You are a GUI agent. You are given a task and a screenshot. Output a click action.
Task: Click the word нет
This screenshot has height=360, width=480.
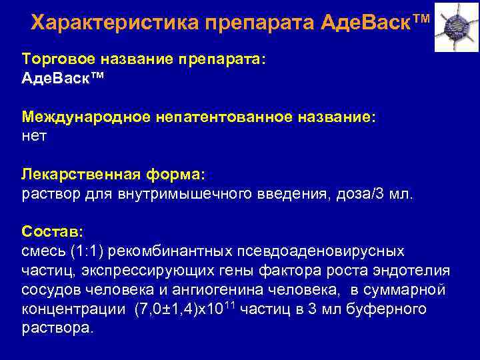pyautogui.click(x=35, y=137)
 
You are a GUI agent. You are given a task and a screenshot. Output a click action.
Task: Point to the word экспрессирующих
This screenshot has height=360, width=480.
pyautogui.click(x=141, y=271)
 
